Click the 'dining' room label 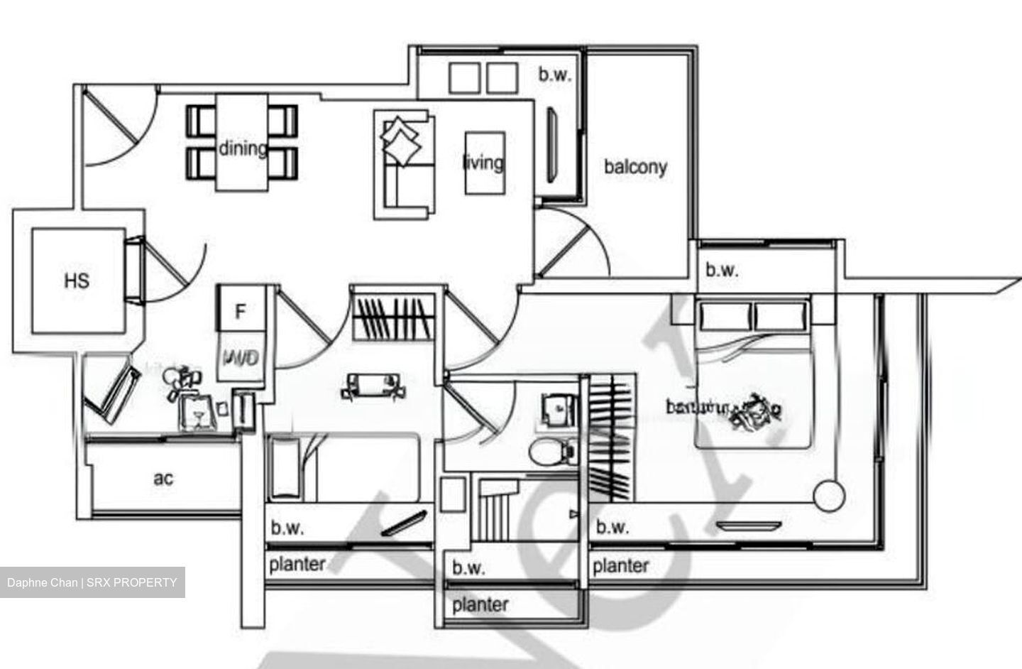tap(242, 148)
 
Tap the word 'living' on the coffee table tap(483, 162)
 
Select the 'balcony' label tap(634, 167)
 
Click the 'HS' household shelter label tap(77, 281)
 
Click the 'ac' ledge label tap(163, 479)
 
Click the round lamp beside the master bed tap(830, 494)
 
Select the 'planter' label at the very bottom tap(480, 605)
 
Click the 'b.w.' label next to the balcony tap(554, 75)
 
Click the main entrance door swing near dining tap(114, 128)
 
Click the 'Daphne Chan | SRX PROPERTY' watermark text tap(92, 582)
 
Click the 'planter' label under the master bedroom tap(620, 566)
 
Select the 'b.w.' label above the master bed tap(722, 270)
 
